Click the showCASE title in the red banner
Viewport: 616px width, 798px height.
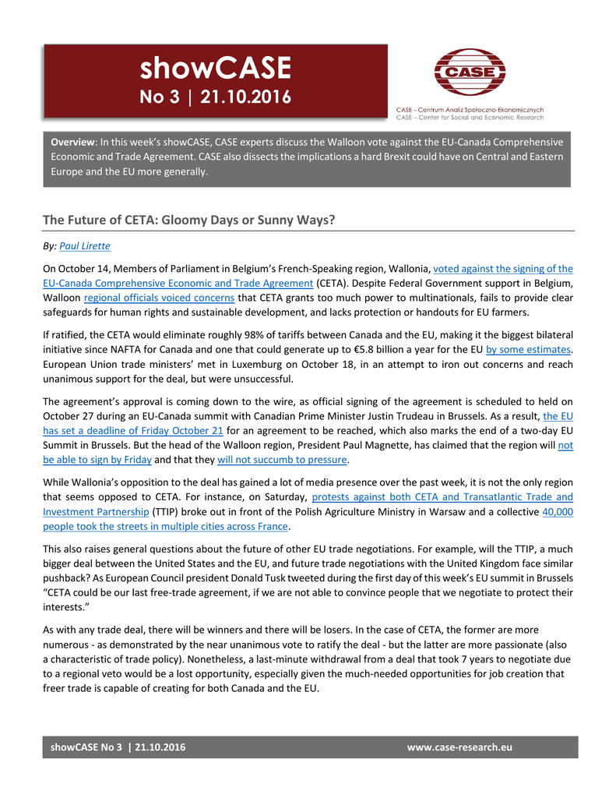pos(215,69)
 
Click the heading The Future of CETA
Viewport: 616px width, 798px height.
pos(188,220)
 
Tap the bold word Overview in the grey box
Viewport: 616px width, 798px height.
pos(73,143)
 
